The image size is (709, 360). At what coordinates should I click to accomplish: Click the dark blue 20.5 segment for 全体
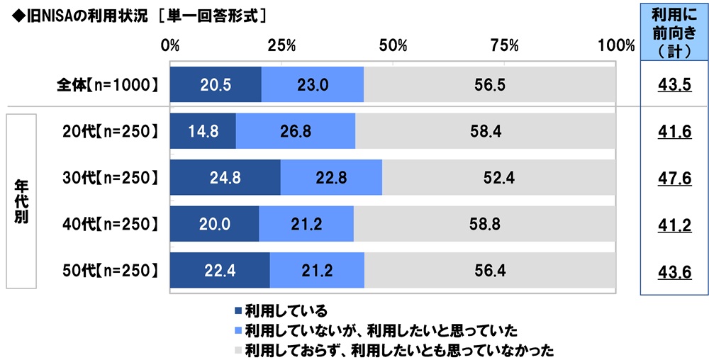[216, 85]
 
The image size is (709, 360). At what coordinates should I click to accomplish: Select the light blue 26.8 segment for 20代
[295, 131]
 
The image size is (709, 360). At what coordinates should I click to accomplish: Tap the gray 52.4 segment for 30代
[499, 178]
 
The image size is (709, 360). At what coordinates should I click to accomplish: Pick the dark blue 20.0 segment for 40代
[214, 224]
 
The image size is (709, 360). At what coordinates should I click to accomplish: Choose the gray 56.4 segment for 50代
[490, 270]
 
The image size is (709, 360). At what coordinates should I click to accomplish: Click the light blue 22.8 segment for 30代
[331, 178]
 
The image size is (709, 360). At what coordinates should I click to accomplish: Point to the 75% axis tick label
[504, 46]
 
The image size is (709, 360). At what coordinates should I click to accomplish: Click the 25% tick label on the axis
[281, 46]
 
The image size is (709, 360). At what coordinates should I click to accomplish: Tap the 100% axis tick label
[616, 46]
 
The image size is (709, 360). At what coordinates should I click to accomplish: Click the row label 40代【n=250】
[108, 224]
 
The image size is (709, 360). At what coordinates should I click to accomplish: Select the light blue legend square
[238, 330]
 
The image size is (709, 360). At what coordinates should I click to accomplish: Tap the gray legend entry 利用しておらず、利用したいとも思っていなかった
[398, 349]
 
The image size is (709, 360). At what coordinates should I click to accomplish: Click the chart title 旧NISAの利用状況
[78, 12]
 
